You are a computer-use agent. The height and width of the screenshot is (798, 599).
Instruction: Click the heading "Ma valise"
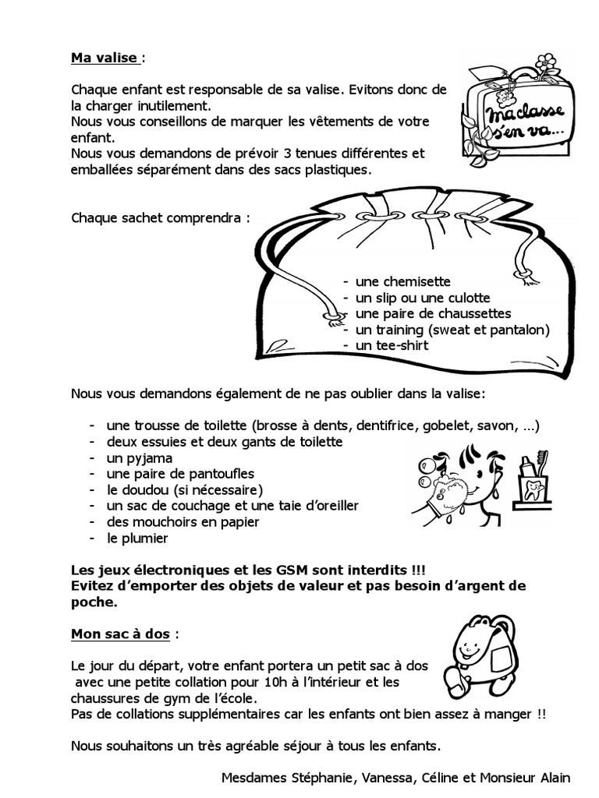coord(105,58)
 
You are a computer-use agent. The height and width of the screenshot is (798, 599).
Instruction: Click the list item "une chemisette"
coord(402,281)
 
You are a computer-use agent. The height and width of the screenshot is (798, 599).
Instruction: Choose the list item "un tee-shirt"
coord(392,344)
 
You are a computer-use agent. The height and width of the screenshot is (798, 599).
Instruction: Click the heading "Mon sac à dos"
coord(120,634)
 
